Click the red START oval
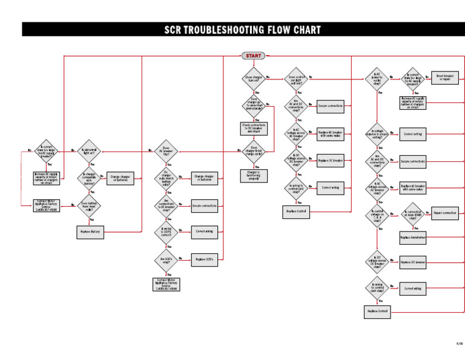pyautogui.click(x=253, y=56)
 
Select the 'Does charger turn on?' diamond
pyautogui.click(x=254, y=78)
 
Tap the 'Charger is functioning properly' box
pyautogui.click(x=254, y=176)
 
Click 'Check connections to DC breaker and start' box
pyautogui.click(x=254, y=128)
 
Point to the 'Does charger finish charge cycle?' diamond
pyautogui.click(x=254, y=152)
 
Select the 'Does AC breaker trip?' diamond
pyautogui.click(x=166, y=151)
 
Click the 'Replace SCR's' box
pyautogui.click(x=205, y=259)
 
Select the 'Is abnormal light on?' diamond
pyautogui.click(x=88, y=151)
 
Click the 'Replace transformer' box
pyautogui.click(x=413, y=238)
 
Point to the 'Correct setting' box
pyautogui.click(x=413, y=134)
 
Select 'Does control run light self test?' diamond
pyautogui.click(x=296, y=78)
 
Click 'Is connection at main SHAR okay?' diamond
pyautogui.click(x=413, y=213)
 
